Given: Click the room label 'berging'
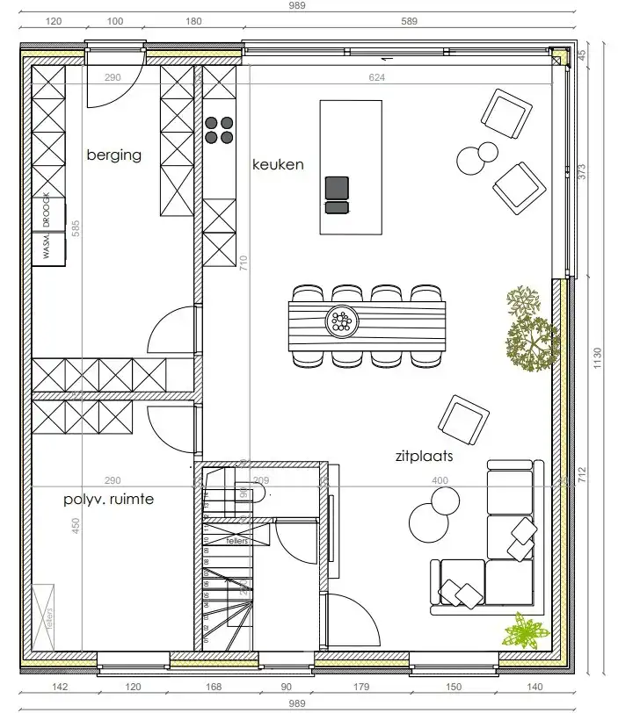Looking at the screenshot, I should point(113,155).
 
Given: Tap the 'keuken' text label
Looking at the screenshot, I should point(278,164).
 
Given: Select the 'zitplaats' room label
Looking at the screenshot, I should point(424,457).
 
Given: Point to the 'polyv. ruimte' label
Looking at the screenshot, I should point(108,500).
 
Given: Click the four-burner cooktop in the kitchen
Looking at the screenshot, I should point(219,130).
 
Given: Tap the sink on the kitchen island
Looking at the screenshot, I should point(337,194).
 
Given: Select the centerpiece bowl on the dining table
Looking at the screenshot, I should point(341,321).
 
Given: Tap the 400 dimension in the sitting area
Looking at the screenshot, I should point(439,480).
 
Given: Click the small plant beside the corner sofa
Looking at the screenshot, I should point(526,630).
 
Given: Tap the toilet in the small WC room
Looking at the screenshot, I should point(257,495).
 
